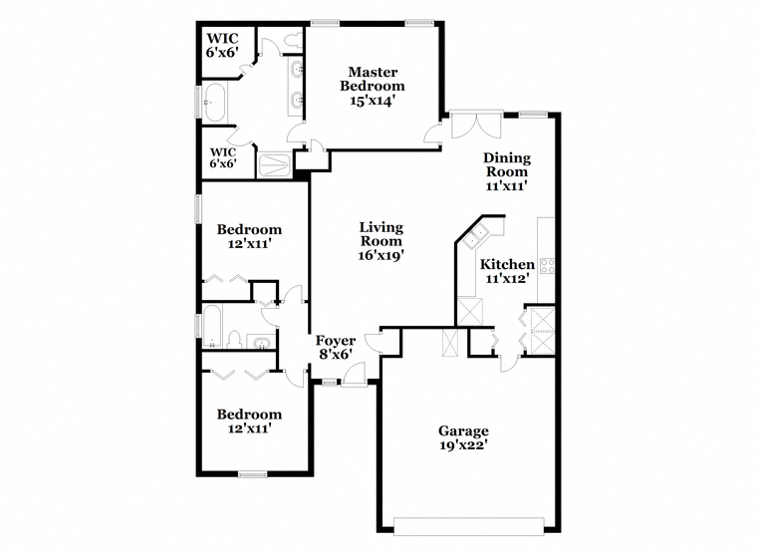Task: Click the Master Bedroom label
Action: (373, 79)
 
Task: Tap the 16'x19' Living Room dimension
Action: (380, 255)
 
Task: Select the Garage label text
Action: (463, 430)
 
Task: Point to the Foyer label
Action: (336, 340)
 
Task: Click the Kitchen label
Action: (507, 264)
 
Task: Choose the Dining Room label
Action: (507, 164)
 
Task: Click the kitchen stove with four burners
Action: (547, 266)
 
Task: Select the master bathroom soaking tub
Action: (214, 103)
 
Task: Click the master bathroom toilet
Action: (293, 41)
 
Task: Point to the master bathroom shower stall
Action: (275, 165)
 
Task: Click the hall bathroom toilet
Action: (235, 340)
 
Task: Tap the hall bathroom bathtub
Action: (212, 327)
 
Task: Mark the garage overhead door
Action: (469, 526)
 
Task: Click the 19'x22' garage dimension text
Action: (463, 445)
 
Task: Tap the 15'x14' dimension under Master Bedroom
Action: (373, 100)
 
